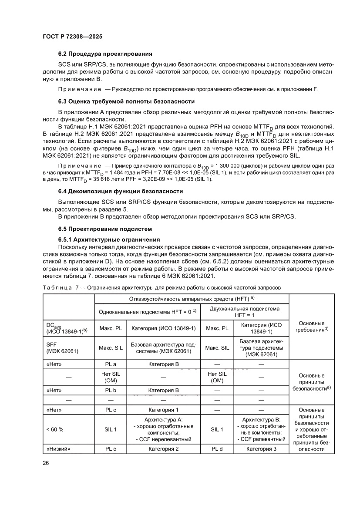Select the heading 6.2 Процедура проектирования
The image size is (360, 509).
(x=105, y=54)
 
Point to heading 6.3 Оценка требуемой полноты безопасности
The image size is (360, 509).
(x=126, y=101)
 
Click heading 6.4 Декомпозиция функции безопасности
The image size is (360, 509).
(x=121, y=192)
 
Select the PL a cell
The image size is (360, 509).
(x=110, y=364)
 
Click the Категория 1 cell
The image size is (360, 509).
(x=163, y=410)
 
